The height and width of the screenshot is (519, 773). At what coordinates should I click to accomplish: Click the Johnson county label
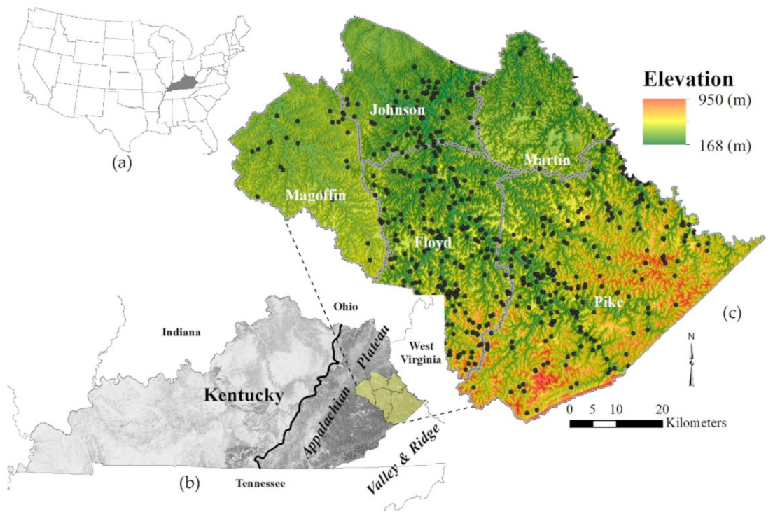[x=397, y=110]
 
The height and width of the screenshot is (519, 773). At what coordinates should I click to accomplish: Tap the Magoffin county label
[x=315, y=196]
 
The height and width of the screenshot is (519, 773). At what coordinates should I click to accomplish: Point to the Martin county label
[x=547, y=161]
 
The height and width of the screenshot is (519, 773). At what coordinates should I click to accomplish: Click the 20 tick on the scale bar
[x=662, y=409]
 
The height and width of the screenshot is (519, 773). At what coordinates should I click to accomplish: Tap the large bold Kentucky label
[x=243, y=396]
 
